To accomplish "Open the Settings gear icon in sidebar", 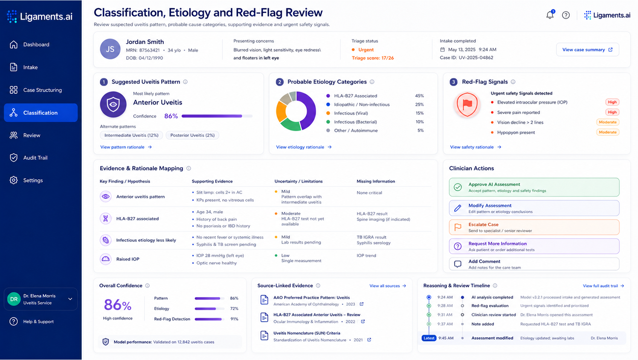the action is [14, 180].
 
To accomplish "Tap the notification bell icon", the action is [550, 15].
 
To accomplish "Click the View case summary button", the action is [587, 50].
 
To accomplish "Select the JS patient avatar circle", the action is [110, 49].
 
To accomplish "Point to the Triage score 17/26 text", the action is [372, 58].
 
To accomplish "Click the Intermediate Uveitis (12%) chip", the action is [131, 135].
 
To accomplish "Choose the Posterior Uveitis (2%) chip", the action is [192, 135].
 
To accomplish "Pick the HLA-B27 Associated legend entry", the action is [351, 96].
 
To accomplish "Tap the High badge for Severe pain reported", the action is [612, 112].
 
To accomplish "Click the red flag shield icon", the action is [467, 105].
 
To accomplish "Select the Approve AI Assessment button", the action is [534, 187].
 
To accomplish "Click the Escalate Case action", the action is [534, 227].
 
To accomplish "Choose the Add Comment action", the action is [534, 264].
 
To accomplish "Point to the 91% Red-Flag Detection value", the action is [234, 319].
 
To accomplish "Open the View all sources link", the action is [388, 286].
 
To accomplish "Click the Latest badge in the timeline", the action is [429, 338].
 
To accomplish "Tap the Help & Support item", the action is [32, 322].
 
